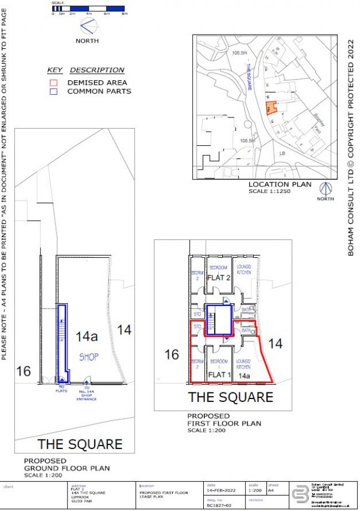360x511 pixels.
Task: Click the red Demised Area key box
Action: click(x=53, y=83)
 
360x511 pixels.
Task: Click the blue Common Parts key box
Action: click(x=53, y=91)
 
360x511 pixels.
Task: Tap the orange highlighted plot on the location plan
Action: click(x=271, y=108)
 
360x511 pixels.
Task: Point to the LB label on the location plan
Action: click(x=282, y=152)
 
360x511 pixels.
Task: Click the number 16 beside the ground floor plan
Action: click(x=23, y=371)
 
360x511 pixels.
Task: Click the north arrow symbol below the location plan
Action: click(x=326, y=189)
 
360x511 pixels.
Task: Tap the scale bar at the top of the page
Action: click(x=89, y=9)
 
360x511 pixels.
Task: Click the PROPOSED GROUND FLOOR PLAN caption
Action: click(x=66, y=464)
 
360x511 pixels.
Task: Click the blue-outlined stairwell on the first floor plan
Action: click(x=218, y=319)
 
